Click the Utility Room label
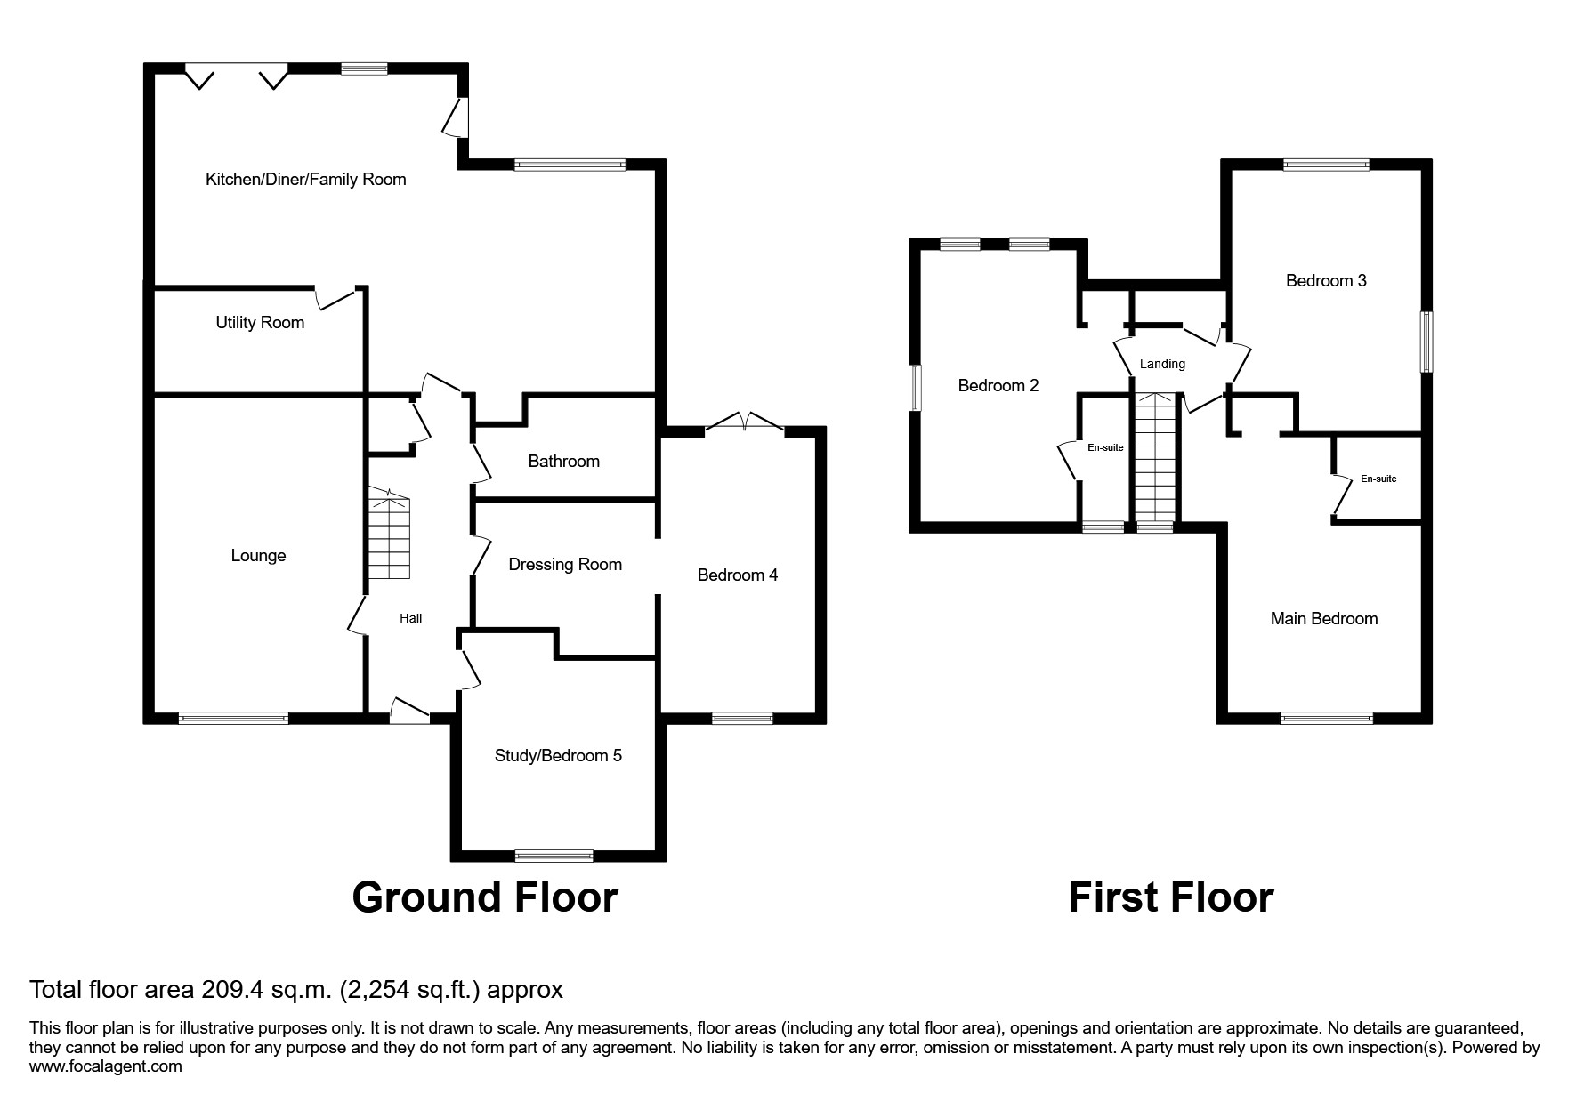(x=260, y=323)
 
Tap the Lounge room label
(x=258, y=556)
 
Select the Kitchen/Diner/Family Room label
(x=305, y=180)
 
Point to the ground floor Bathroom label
(x=563, y=462)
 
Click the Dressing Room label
(x=565, y=565)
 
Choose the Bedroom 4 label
(x=737, y=575)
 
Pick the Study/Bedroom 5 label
(x=558, y=756)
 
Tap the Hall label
(x=410, y=618)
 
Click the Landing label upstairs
(x=1162, y=364)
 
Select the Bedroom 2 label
(x=998, y=386)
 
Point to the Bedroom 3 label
(x=1326, y=281)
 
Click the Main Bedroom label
(x=1323, y=619)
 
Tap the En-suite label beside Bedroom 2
(x=1105, y=447)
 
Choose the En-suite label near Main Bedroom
(x=1378, y=479)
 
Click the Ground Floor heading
(x=485, y=897)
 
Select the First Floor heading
(x=1170, y=897)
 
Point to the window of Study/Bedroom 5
(x=554, y=856)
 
